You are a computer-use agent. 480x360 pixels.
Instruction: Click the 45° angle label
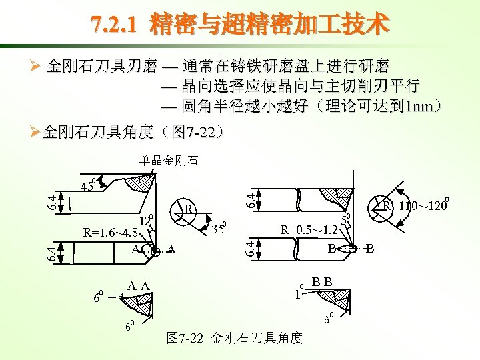click(89, 185)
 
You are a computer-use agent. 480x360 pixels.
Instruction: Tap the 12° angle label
click(146, 220)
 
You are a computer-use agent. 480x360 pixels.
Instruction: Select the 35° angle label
click(219, 227)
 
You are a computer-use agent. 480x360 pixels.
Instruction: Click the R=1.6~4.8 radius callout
click(111, 233)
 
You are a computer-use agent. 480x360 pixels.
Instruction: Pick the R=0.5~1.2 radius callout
click(309, 229)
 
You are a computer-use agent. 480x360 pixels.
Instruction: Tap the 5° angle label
click(345, 219)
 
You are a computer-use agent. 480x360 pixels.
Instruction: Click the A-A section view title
click(139, 286)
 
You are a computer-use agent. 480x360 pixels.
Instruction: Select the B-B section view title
click(322, 281)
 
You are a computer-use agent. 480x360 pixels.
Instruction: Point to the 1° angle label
click(299, 292)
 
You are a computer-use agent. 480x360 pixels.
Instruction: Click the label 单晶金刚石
click(169, 161)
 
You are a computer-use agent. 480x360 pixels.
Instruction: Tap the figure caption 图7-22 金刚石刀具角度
click(235, 338)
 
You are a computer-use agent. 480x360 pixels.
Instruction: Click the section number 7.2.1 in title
click(113, 24)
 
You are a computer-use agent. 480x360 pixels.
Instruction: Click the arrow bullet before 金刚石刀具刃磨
click(35, 66)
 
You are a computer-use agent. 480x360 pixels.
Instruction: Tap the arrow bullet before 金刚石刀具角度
click(35, 132)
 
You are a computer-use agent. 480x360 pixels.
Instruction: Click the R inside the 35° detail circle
click(189, 209)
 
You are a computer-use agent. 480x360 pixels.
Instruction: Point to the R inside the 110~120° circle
click(387, 206)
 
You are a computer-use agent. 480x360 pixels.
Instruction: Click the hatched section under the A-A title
click(137, 304)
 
